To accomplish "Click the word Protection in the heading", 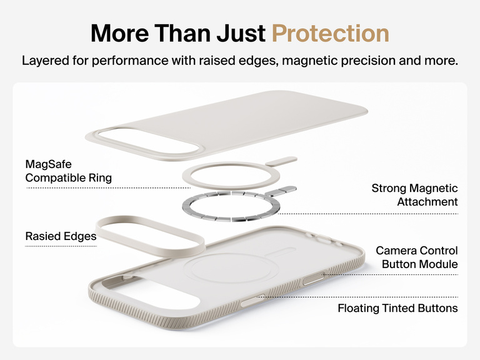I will [331, 33].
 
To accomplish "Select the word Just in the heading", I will [239, 33].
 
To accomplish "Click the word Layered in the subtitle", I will [44, 61].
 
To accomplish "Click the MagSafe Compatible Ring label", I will [68, 171].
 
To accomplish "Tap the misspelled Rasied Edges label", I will [61, 236].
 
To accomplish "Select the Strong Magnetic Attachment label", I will [414, 195].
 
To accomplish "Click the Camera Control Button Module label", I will [416, 257].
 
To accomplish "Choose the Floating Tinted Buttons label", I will [397, 308].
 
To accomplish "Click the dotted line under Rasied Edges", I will [61, 246].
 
